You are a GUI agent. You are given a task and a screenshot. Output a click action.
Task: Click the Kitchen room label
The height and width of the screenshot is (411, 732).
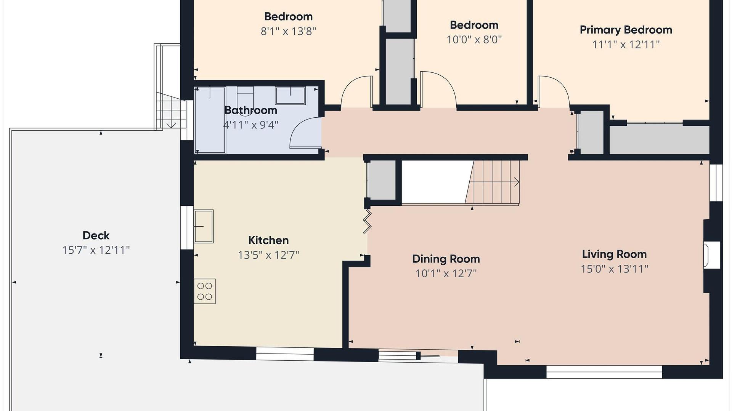268,240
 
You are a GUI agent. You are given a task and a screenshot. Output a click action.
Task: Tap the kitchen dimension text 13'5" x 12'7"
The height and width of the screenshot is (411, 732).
268,255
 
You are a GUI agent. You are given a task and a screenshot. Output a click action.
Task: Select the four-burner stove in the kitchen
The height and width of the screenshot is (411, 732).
205,291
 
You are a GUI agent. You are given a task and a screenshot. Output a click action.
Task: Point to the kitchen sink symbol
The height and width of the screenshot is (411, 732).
204,226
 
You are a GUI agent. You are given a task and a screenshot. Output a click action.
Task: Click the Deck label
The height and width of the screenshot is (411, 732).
96,235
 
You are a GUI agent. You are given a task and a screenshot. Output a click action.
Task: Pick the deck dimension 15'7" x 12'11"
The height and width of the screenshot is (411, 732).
96,250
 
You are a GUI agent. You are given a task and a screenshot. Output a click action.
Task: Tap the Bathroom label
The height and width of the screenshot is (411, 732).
251,110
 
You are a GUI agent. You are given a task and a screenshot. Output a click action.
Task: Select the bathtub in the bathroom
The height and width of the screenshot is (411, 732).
210,120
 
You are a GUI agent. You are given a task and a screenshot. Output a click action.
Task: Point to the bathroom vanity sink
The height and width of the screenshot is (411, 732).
290,96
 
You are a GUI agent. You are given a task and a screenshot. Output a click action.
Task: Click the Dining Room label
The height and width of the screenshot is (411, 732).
446,259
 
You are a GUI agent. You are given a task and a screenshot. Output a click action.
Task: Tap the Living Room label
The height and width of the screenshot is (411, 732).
614,254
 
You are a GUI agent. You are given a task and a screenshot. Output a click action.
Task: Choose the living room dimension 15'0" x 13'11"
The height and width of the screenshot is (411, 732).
614,269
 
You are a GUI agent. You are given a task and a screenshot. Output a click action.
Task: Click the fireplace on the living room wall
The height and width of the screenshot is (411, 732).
712,255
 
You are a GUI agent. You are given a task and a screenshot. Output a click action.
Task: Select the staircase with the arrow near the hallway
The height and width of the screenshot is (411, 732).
493,182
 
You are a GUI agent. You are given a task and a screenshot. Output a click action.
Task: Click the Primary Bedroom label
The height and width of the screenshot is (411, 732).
626,30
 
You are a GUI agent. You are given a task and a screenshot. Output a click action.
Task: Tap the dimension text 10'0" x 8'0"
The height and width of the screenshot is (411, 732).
474,40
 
